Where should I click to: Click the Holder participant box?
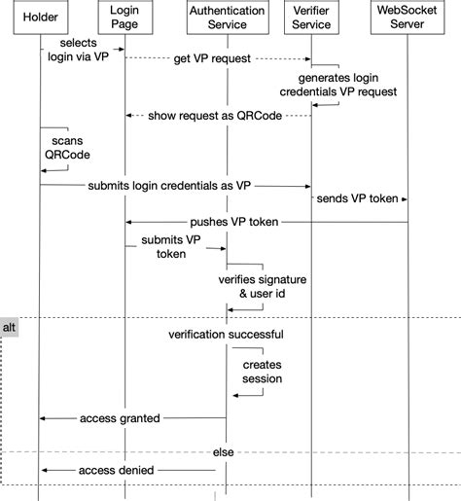(x=40, y=18)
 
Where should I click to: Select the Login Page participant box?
(x=124, y=18)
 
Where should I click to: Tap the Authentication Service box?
(x=228, y=18)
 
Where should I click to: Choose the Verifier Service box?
(x=311, y=18)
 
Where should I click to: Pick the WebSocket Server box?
(x=408, y=18)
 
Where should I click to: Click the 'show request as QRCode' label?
(x=215, y=116)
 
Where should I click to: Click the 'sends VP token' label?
(x=357, y=198)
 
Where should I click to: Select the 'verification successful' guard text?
(x=226, y=335)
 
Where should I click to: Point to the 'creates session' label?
(x=262, y=372)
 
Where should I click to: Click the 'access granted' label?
(x=120, y=417)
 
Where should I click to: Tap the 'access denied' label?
(x=120, y=470)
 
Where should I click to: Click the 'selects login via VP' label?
(x=78, y=50)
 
